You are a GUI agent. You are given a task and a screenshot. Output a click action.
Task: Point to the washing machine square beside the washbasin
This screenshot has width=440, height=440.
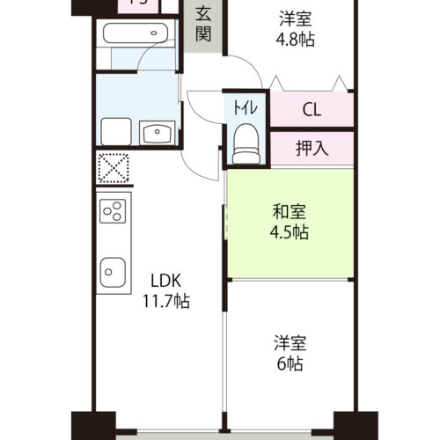(x=117, y=133)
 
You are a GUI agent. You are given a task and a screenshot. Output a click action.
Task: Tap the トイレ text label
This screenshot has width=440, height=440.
(x=246, y=108)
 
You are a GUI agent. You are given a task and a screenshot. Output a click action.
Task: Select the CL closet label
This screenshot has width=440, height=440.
(x=311, y=110)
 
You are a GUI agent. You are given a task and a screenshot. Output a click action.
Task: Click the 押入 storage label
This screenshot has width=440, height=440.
(x=311, y=147)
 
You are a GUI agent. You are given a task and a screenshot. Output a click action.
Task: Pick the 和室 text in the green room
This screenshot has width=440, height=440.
(x=290, y=212)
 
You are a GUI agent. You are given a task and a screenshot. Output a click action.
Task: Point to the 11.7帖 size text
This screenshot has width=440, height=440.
(x=165, y=302)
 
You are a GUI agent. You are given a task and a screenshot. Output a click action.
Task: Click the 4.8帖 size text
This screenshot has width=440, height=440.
(x=295, y=40)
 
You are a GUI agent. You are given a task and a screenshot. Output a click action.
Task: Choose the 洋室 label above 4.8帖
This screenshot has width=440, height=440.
(x=295, y=18)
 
